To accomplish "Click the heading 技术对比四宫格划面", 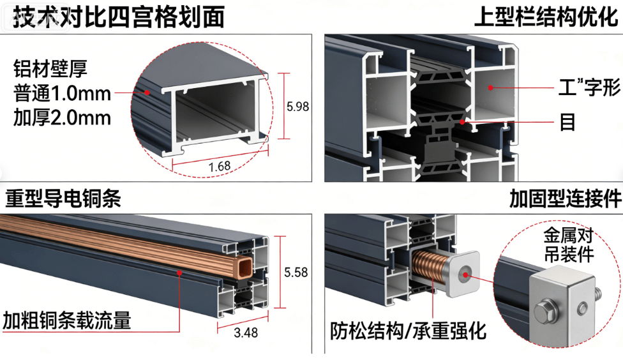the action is (119, 17).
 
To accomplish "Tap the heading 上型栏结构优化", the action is (546, 17).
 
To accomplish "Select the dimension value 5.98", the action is (297, 107).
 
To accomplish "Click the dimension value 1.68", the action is (220, 166).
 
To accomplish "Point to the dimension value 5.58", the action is (296, 273).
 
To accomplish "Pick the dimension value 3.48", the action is (246, 333).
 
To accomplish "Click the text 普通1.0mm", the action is (62, 94).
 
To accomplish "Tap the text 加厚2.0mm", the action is (62, 117).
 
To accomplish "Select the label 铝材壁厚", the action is (50, 69).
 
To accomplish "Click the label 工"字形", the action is (589, 87).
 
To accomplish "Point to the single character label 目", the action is (567, 122).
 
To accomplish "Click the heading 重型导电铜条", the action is (63, 199).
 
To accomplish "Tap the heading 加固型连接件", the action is (565, 199).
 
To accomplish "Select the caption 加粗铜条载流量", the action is (67, 320).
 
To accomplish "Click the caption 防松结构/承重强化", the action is (408, 331).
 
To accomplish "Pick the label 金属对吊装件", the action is (569, 244).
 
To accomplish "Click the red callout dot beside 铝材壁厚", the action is (147, 92).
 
